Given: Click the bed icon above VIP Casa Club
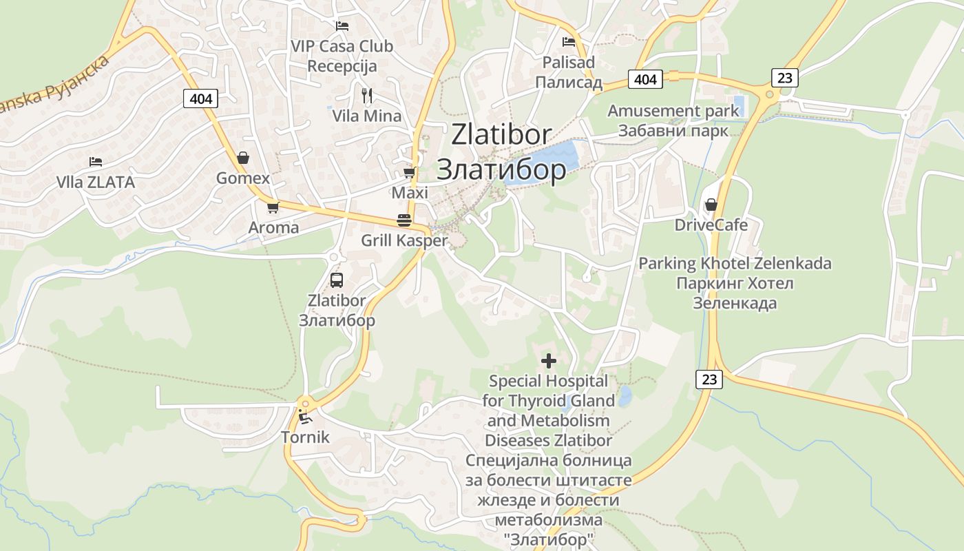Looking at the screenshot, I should click(342, 26).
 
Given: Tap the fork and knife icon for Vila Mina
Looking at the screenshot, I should click(367, 95).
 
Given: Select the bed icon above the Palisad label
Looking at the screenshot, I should click(568, 42).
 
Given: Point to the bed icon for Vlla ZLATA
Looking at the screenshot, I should click(96, 162).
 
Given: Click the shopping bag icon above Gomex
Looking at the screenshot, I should click(242, 158).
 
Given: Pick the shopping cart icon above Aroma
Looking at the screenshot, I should click(273, 207).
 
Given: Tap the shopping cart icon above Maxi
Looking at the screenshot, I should click(410, 172).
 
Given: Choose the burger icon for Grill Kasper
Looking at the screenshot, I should click(404, 220).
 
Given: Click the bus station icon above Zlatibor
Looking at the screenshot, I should click(337, 280).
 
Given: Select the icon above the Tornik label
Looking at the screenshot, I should click(304, 417).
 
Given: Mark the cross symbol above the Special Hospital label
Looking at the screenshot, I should click(549, 360).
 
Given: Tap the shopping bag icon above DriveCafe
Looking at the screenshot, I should click(711, 205).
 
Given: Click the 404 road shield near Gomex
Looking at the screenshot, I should click(201, 99).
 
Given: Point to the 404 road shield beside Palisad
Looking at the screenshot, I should click(645, 79).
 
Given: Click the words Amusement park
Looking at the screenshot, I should click(673, 111).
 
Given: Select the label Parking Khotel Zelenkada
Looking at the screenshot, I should click(735, 263).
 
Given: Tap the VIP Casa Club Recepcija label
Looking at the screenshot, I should click(342, 56).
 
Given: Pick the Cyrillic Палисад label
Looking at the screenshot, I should click(569, 83).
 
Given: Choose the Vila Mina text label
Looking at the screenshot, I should click(367, 116).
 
